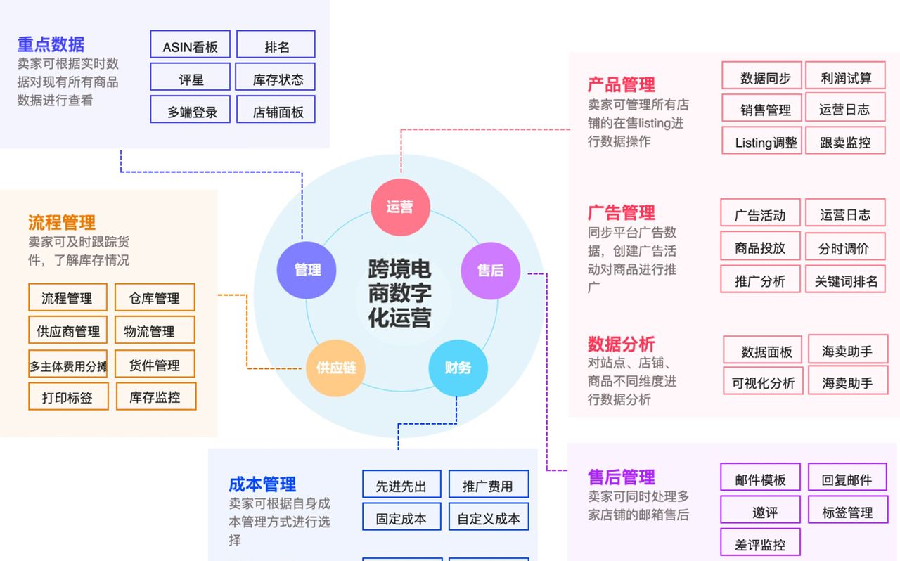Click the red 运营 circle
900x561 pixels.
pos(400,207)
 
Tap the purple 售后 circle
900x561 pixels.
pos(490,270)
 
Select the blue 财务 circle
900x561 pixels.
pos(458,367)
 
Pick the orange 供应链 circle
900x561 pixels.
pos(335,367)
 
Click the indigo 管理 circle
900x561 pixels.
pos(307,270)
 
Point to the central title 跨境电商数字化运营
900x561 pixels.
pos(399,292)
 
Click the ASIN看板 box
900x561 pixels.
pos(190,47)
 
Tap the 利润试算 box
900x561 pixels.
pos(845,78)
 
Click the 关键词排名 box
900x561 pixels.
pos(845,280)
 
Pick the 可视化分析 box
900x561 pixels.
pos(763,383)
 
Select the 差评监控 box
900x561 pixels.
pos(760,544)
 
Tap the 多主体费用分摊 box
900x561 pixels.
pos(68,366)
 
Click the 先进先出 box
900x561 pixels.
pos(401,486)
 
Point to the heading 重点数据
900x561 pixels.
pos(51,44)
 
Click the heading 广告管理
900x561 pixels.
pos(621,212)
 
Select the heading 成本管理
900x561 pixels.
pos(262,484)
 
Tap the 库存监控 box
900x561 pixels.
pos(155,397)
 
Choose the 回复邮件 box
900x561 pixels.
pos(847,479)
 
